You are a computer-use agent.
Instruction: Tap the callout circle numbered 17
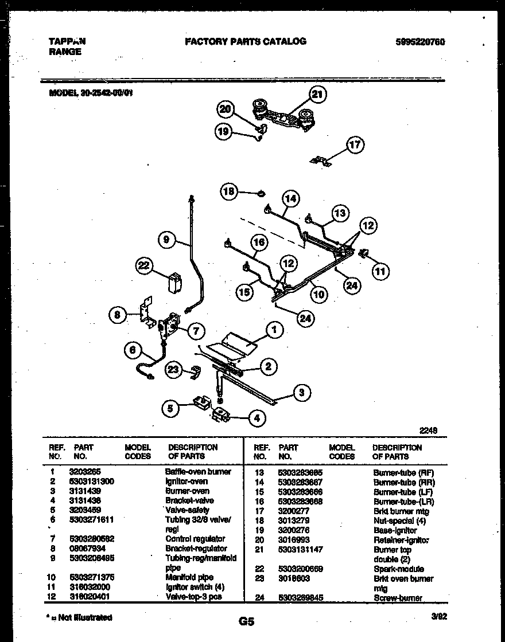(x=355, y=144)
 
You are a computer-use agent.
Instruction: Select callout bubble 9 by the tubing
(x=166, y=240)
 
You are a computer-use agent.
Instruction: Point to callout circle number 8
(x=118, y=314)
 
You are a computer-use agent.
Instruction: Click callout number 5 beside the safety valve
(x=170, y=409)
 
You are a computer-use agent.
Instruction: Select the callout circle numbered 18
(x=230, y=192)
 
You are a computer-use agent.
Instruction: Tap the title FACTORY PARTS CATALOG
(x=245, y=41)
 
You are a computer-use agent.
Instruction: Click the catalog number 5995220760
(x=420, y=42)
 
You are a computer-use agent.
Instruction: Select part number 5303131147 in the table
(x=300, y=549)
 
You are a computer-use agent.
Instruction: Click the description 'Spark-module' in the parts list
(x=398, y=569)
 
